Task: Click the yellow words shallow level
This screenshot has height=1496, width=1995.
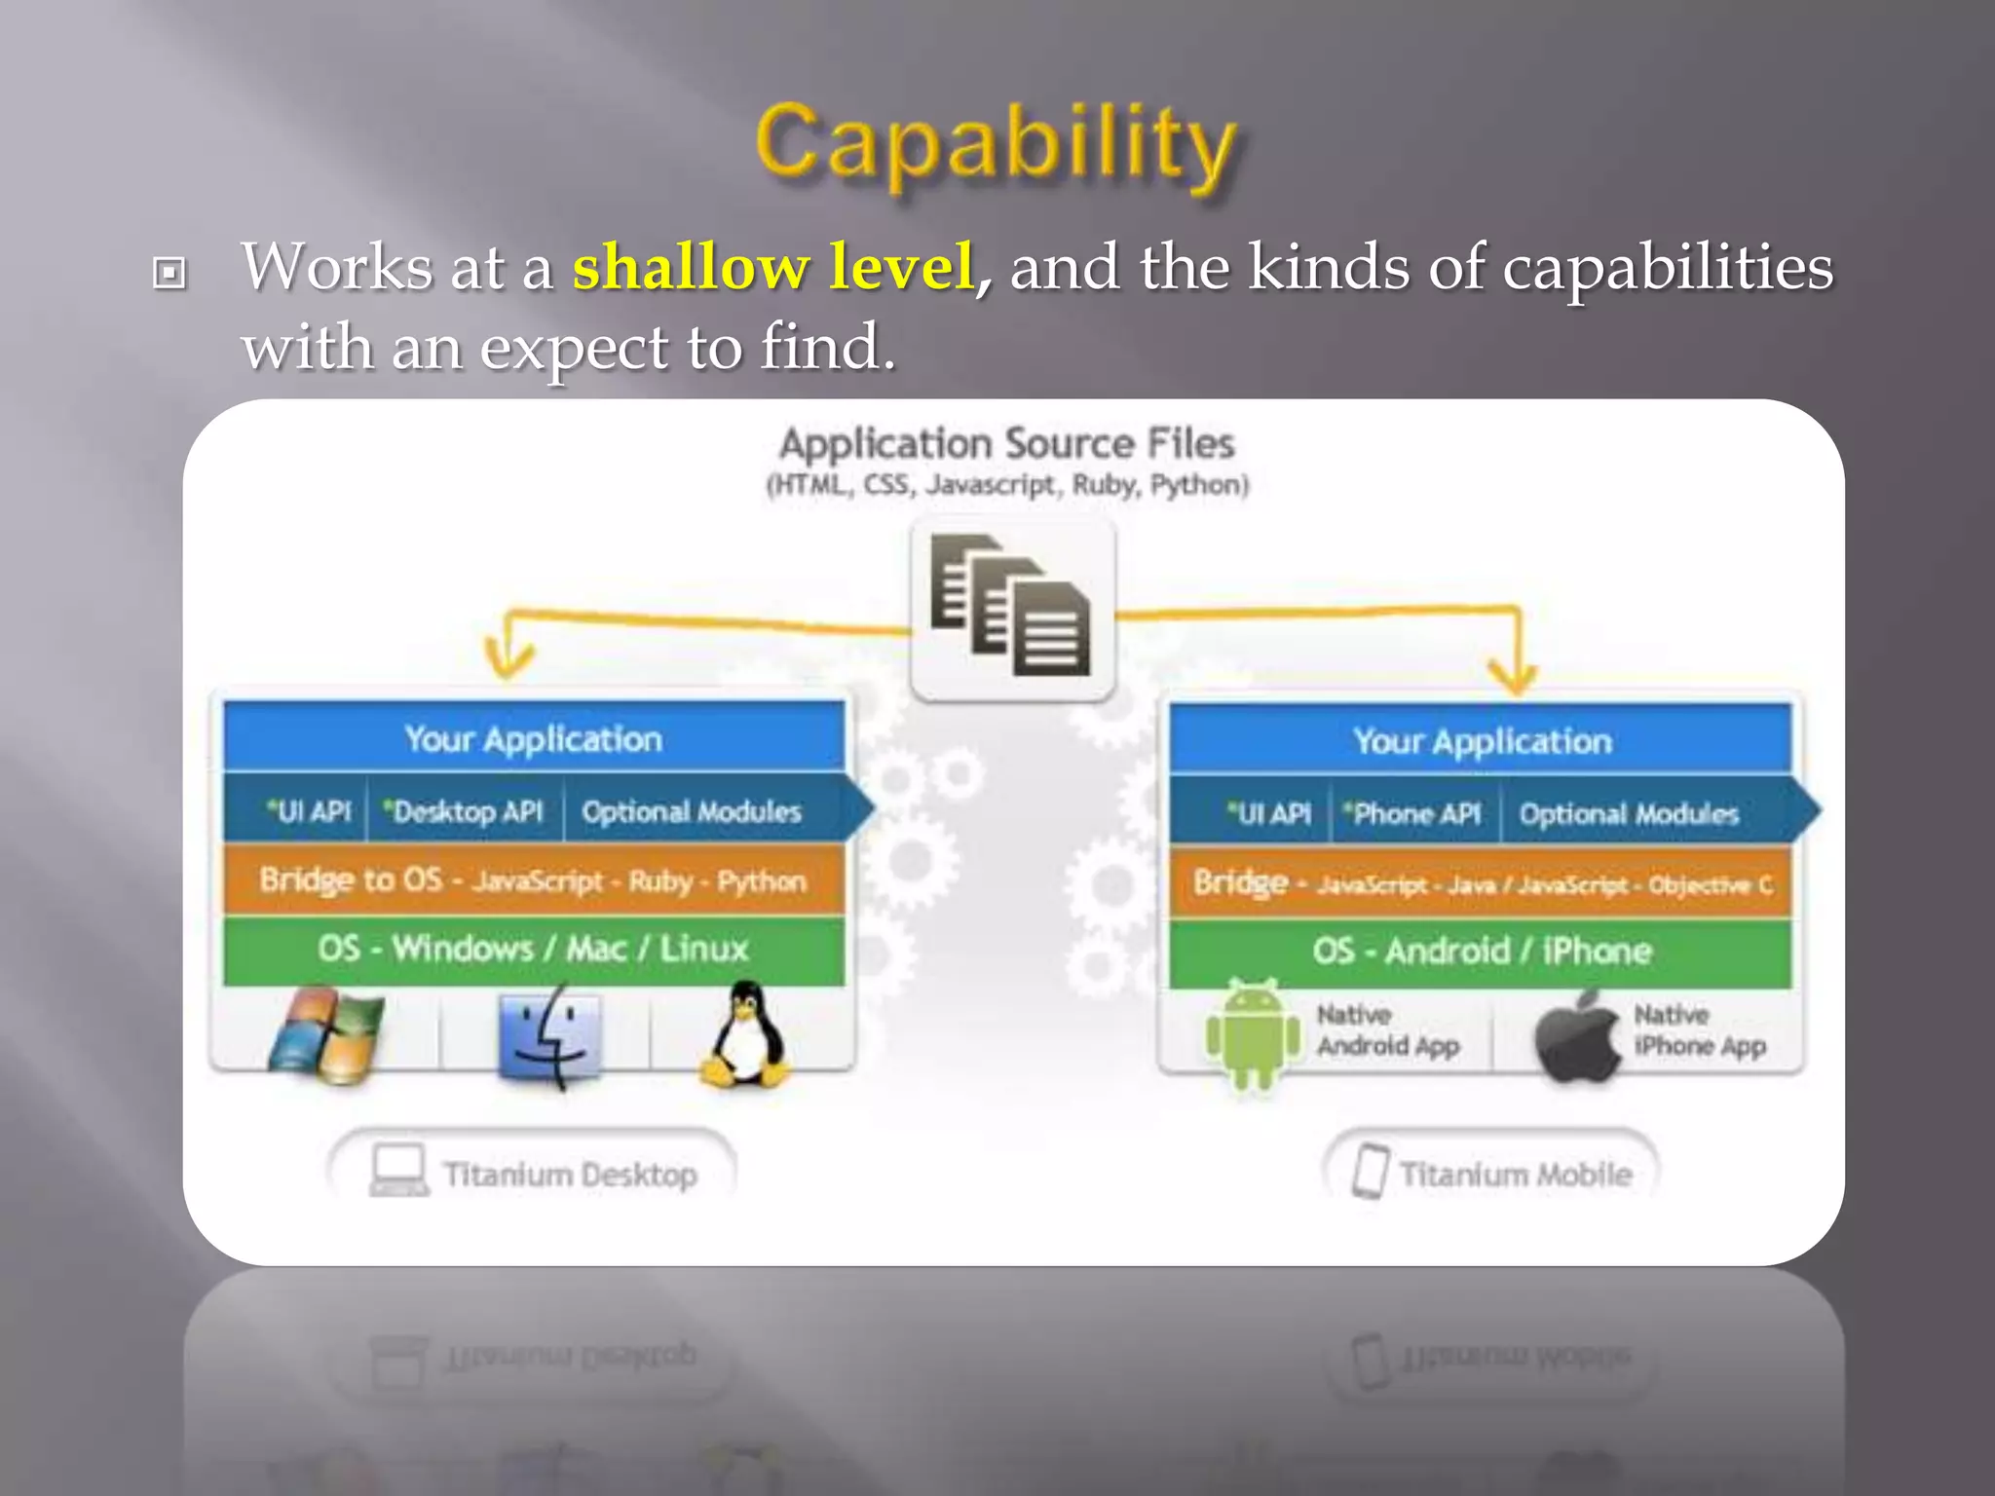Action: tap(773, 267)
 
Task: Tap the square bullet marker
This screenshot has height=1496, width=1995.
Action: tap(169, 273)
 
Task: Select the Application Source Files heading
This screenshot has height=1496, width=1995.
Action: tap(1006, 444)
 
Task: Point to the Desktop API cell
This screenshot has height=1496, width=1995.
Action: tap(465, 811)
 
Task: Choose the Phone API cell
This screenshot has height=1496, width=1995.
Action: tap(1413, 813)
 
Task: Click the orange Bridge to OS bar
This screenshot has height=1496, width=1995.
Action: tap(533, 880)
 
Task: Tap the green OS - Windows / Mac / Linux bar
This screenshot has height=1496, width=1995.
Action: tap(533, 949)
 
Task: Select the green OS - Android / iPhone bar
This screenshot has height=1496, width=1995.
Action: tap(1481, 952)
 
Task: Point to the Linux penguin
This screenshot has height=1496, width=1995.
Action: tap(745, 1034)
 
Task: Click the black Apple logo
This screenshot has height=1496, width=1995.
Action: tap(1576, 1038)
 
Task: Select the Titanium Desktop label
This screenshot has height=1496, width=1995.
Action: tap(569, 1175)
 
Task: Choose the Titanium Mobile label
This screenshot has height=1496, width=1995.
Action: tap(1515, 1175)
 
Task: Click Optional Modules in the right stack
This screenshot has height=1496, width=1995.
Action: tap(1629, 814)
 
